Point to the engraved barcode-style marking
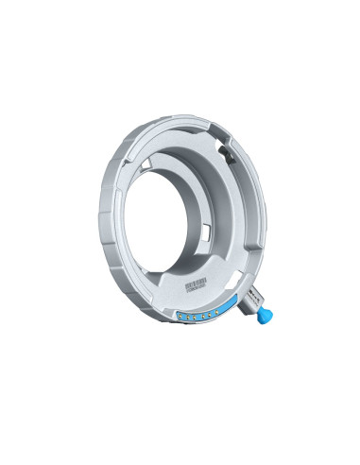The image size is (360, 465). pyautogui.click(x=196, y=286)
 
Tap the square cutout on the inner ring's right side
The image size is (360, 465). pyautogui.click(x=206, y=231)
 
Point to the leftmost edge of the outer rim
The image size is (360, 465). pyautogui.click(x=96, y=213)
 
